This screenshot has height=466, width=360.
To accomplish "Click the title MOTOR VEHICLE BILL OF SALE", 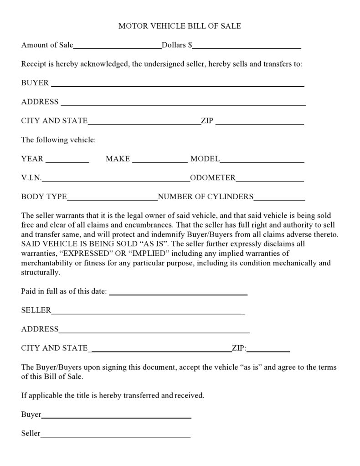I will pyautogui.click(x=180, y=26).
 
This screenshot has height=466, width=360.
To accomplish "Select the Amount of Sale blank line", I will pyautogui.click(x=117, y=46).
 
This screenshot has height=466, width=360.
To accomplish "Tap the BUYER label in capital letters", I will pyautogui.click(x=35, y=83).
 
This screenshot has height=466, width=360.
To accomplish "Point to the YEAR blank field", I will pyautogui.click(x=67, y=160).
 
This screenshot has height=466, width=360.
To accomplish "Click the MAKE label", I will pyautogui.click(x=118, y=159).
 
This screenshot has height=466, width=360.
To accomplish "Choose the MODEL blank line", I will pyautogui.click(x=262, y=160).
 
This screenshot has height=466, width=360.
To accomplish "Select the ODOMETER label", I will pyautogui.click(x=213, y=178).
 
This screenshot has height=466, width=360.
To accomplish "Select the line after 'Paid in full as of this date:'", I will pyautogui.click(x=178, y=293).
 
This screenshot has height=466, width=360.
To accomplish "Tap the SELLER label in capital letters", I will pyautogui.click(x=36, y=310).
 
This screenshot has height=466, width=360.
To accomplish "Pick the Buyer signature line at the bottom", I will pyautogui.click(x=116, y=416).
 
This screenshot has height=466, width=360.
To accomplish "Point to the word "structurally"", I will pyautogui.click(x=40, y=273).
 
